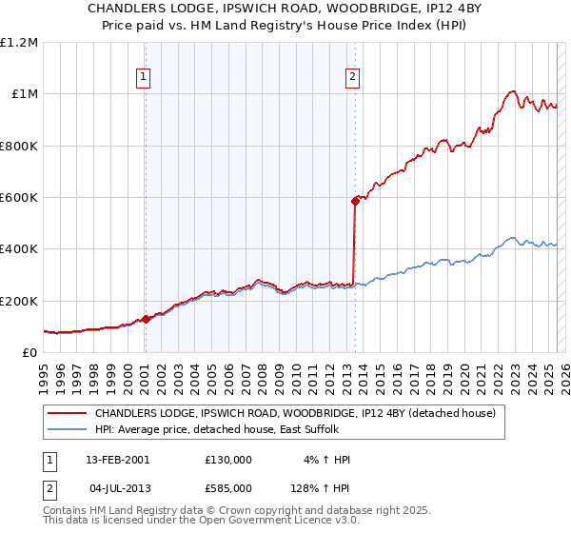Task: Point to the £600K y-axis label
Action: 18,198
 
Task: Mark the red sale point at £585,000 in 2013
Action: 355,201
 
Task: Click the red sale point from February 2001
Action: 146,319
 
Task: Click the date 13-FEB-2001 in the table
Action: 117,460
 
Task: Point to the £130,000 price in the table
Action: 227,460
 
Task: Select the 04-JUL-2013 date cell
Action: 117,488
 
